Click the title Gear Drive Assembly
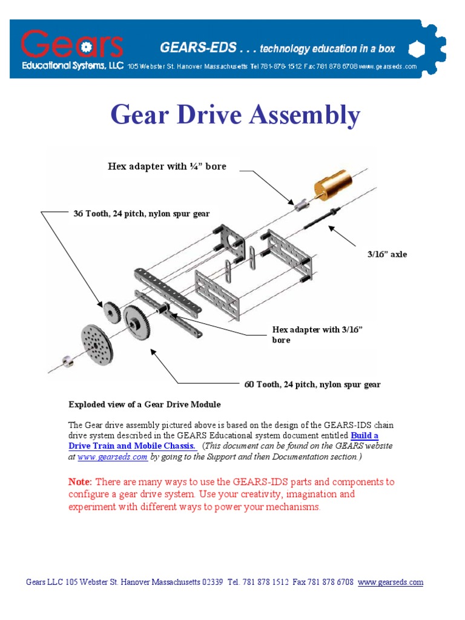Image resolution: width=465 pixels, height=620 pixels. tap(235, 115)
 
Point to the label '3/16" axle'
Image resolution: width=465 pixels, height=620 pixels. tap(387, 254)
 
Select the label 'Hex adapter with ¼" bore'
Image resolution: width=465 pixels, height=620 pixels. tap(167, 166)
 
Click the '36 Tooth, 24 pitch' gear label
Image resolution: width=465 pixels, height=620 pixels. tap(141, 214)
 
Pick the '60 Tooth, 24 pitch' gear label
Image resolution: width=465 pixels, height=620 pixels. tap(312, 384)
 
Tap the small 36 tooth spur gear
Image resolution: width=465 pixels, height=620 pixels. tap(112, 311)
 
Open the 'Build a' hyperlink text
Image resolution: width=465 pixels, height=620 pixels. tap(364, 435)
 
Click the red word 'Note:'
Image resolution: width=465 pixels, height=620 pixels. tap(80, 482)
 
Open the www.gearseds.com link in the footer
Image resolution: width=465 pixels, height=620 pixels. tap(390, 582)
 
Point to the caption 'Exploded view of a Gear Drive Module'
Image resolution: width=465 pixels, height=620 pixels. tap(144, 404)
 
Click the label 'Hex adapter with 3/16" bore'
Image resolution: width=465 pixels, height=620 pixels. tap(317, 334)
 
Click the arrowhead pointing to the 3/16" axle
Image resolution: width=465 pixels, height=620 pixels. tap(332, 228)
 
